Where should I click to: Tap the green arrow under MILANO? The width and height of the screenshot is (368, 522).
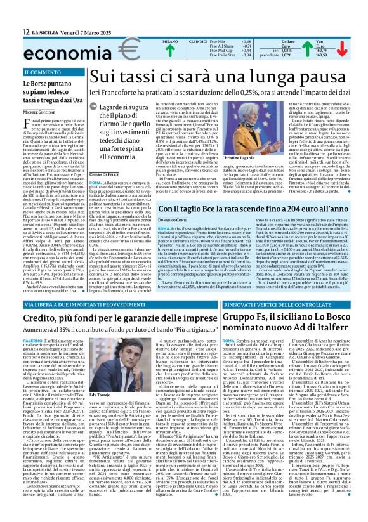[x=169, y=49]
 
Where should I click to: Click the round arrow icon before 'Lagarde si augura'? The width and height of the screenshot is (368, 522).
[x=94, y=110]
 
